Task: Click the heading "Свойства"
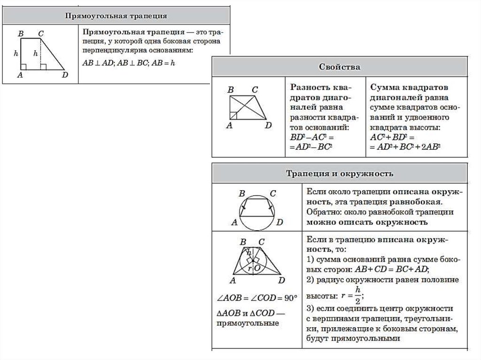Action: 341,67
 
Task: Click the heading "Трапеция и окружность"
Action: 340,174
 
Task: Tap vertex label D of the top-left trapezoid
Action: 65,75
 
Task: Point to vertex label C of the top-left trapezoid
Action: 41,33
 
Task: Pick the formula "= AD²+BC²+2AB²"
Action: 405,146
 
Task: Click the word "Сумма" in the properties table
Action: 383,88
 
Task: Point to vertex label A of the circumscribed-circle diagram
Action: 233,222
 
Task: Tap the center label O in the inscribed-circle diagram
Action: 257,268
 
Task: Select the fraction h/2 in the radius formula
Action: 358,295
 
